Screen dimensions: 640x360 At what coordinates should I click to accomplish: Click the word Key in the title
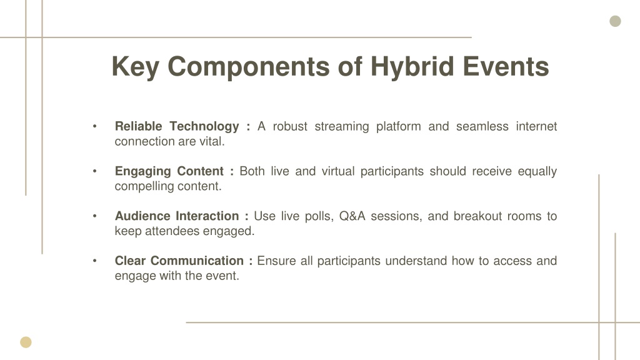click(136, 67)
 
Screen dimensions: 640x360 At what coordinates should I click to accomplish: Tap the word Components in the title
click(249, 67)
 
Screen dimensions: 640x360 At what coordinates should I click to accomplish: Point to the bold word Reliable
click(138, 126)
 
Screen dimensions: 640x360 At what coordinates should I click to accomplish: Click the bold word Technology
click(204, 127)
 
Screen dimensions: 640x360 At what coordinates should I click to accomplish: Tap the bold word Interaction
click(207, 216)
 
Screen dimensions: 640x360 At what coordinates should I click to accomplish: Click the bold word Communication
click(197, 261)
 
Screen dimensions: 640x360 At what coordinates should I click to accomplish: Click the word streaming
click(342, 127)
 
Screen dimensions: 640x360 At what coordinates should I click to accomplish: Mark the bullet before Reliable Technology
click(95, 126)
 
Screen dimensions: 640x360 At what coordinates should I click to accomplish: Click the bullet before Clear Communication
click(95, 261)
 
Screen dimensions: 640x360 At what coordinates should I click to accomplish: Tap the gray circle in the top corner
click(615, 21)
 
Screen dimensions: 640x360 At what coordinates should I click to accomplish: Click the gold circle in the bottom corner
click(26, 342)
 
